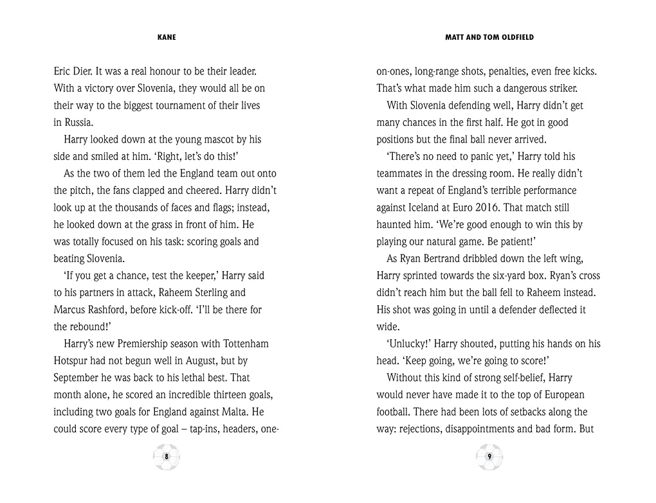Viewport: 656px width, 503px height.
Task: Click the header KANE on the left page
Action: [x=167, y=37]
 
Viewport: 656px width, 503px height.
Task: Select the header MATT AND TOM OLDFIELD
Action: [x=489, y=37]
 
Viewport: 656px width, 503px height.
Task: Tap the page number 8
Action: [x=167, y=457]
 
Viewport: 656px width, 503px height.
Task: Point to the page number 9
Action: [x=489, y=457]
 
